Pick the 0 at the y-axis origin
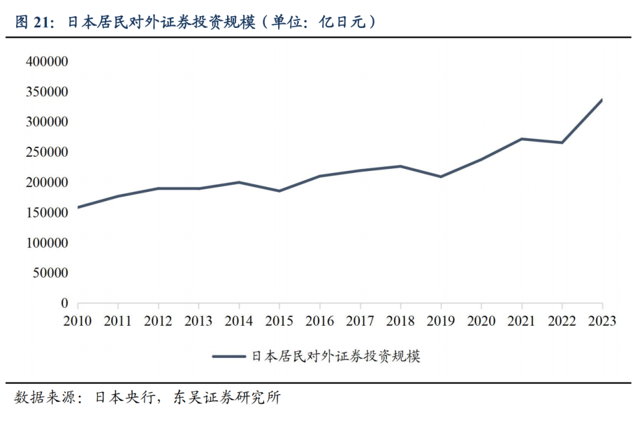pyautogui.click(x=65, y=303)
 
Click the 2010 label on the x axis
pyautogui.click(x=77, y=321)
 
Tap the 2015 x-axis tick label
pyautogui.click(x=279, y=321)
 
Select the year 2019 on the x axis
pyautogui.click(x=441, y=321)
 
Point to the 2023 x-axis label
pyautogui.click(x=602, y=321)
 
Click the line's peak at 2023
pyautogui.click(x=602, y=100)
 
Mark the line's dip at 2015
pyautogui.click(x=279, y=191)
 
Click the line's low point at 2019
pyautogui.click(x=441, y=177)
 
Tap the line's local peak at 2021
pyautogui.click(x=521, y=139)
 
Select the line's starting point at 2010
pyautogui.click(x=78, y=207)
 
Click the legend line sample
pyautogui.click(x=229, y=357)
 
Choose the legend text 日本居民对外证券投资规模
pyautogui.click(x=336, y=357)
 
